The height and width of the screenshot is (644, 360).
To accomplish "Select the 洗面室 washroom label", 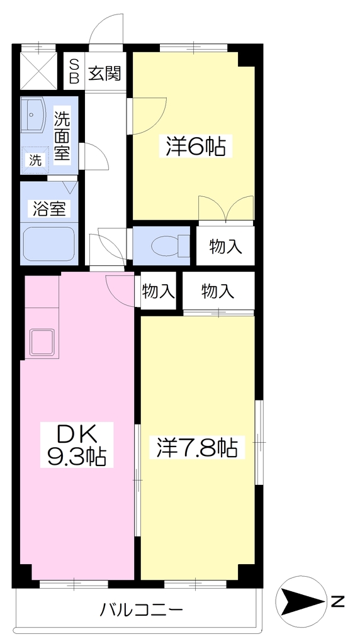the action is tap(62, 136).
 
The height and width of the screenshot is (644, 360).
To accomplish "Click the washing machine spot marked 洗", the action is tap(35, 160).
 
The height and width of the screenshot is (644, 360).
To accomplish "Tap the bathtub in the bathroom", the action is tap(48, 245).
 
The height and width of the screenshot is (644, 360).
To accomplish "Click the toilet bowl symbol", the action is tap(169, 246).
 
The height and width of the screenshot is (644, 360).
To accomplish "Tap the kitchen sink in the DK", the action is tap(42, 341).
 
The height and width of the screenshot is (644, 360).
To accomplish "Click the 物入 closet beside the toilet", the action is tap(225, 247).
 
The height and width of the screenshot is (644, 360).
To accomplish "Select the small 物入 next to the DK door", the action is tap(158, 291).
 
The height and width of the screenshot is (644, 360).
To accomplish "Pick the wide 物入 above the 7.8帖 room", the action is tap(218, 291).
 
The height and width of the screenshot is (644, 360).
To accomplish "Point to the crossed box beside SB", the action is tap(38, 70).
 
